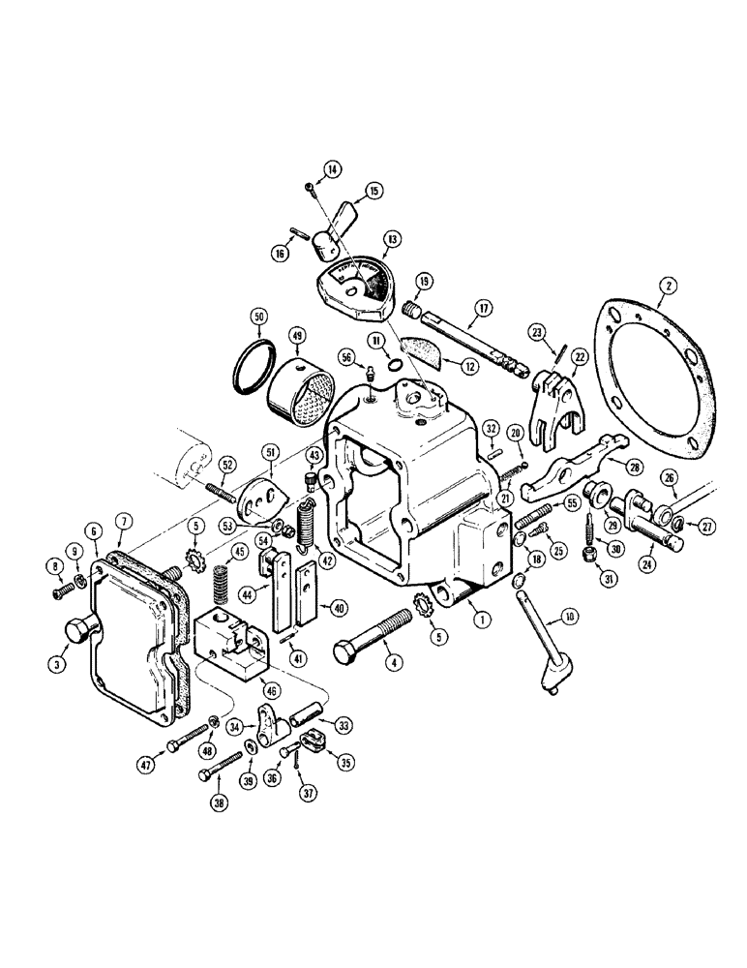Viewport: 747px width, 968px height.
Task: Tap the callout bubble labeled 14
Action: [x=333, y=170]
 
